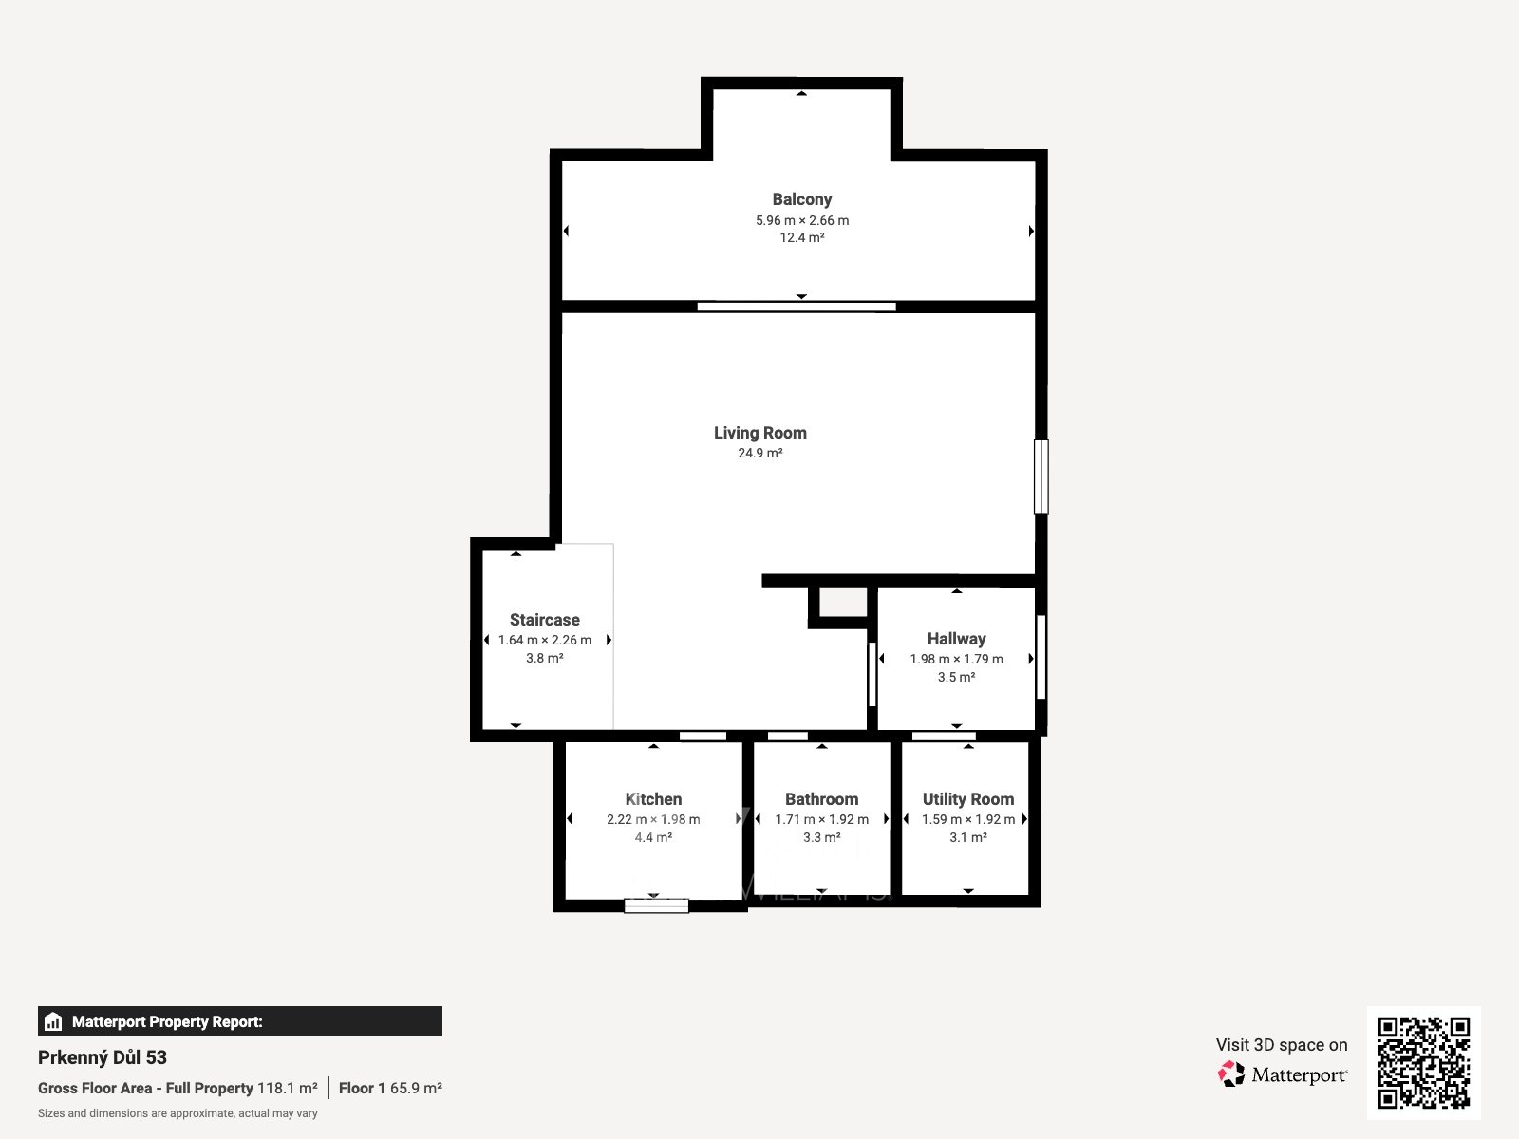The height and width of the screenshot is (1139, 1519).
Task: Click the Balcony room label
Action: (801, 199)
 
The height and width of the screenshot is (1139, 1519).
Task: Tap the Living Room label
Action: (759, 433)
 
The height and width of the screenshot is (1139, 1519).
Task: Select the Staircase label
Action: (545, 620)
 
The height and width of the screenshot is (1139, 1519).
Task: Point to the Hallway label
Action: (956, 639)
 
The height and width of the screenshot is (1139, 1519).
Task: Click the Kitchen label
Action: (653, 799)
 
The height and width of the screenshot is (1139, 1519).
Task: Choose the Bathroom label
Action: (821, 799)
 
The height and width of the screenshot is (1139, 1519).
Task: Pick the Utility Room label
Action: (968, 799)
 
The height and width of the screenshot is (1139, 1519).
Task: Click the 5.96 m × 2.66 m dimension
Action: (802, 220)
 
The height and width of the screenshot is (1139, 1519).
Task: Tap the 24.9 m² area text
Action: (759, 453)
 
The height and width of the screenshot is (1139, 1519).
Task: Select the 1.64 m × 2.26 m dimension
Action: (545, 641)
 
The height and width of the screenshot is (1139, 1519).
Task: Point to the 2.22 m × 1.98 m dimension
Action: (653, 819)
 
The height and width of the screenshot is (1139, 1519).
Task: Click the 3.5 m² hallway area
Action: (956, 677)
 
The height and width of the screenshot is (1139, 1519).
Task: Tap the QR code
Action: (1423, 1062)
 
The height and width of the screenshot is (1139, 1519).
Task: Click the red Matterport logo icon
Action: (1231, 1074)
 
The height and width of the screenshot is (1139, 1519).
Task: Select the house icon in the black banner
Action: (53, 1021)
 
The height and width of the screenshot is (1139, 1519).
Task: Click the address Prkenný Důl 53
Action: (103, 1057)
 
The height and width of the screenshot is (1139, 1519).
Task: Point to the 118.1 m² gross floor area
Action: (288, 1088)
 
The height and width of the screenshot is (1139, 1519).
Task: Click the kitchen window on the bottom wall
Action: (656, 906)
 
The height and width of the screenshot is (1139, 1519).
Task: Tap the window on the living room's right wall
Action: (1041, 477)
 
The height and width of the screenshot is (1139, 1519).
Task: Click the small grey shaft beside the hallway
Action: (843, 602)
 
